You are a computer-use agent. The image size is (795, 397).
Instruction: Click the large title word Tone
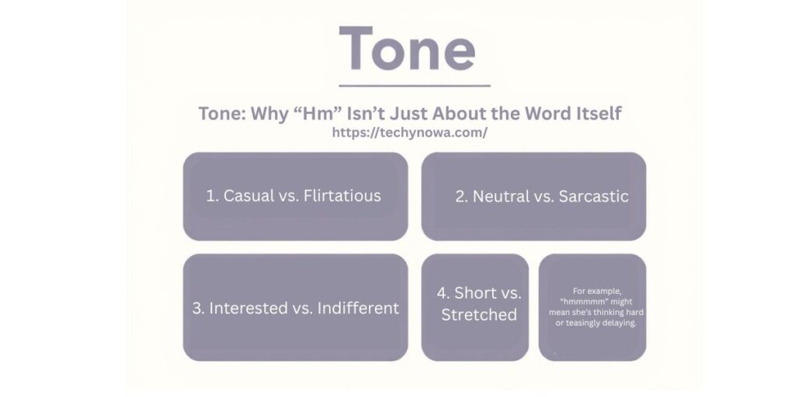coord(408,49)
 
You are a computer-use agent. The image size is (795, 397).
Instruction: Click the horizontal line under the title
coord(415,85)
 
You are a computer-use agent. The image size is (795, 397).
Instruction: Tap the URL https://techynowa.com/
coord(410,133)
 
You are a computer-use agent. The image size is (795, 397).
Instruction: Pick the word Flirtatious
coord(342,196)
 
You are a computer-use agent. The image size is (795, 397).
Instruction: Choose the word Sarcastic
coord(594,196)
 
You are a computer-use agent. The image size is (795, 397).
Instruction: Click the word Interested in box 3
coord(245,308)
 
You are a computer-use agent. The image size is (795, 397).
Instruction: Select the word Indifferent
coord(358,308)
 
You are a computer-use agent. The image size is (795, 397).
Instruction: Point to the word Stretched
coord(478,315)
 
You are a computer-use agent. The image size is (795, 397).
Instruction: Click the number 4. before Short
coord(443,292)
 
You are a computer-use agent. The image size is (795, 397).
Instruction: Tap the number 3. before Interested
coord(198,308)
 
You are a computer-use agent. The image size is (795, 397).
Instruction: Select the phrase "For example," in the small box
coord(597,292)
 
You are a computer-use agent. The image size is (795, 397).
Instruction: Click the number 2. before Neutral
coord(461,196)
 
